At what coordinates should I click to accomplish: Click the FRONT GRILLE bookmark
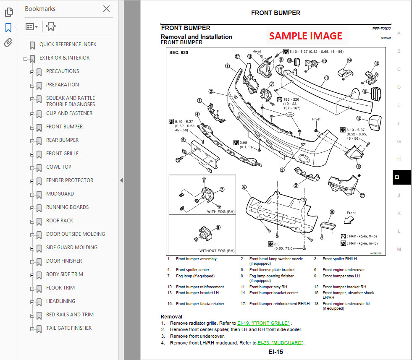point(62,154)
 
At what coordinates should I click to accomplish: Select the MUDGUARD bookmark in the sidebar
point(60,194)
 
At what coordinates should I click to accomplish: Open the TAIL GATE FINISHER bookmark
point(68,328)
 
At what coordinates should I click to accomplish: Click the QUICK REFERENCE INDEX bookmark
point(68,44)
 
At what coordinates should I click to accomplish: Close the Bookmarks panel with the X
point(106,9)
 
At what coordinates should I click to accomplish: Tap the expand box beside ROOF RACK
point(32,221)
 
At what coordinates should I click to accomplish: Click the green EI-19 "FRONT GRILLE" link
point(263,323)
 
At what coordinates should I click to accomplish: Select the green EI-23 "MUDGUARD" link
point(281,343)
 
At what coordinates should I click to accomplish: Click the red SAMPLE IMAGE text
point(305,36)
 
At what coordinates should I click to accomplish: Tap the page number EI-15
point(276,352)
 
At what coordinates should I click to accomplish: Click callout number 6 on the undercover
point(244,187)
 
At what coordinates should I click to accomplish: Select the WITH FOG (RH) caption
point(220,212)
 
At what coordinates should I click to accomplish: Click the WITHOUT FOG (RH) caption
point(217,251)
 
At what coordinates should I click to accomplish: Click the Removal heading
point(171,316)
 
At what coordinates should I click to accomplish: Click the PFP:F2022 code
point(381,29)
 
